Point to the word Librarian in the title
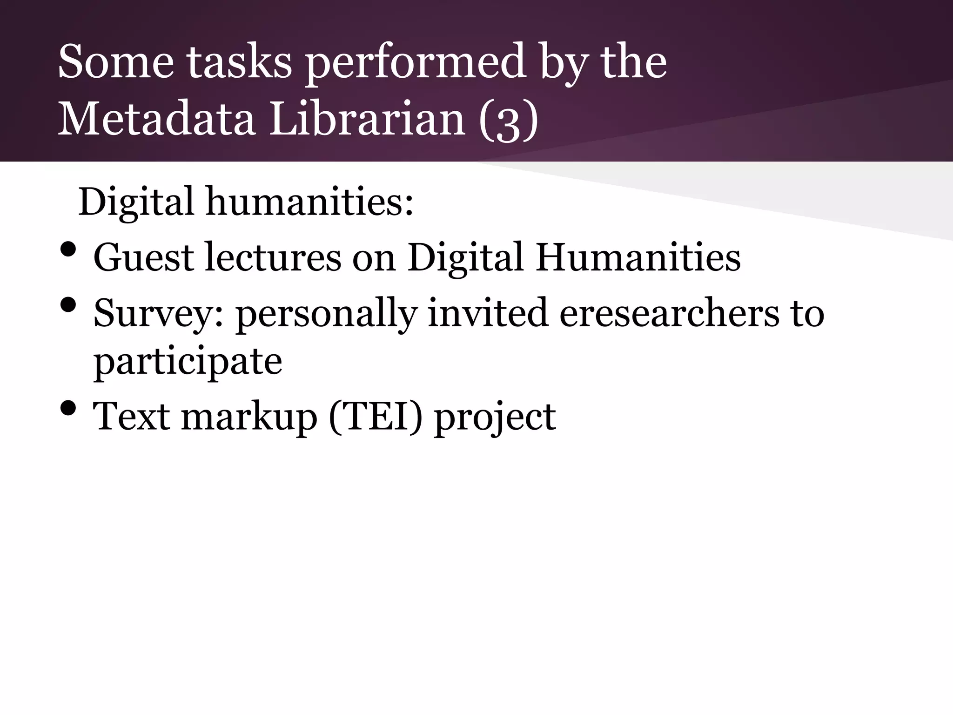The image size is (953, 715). pyautogui.click(x=368, y=119)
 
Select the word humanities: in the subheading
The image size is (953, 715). pyautogui.click(x=309, y=202)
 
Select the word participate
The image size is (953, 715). pyautogui.click(x=188, y=362)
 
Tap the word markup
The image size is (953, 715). pyautogui.click(x=249, y=417)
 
